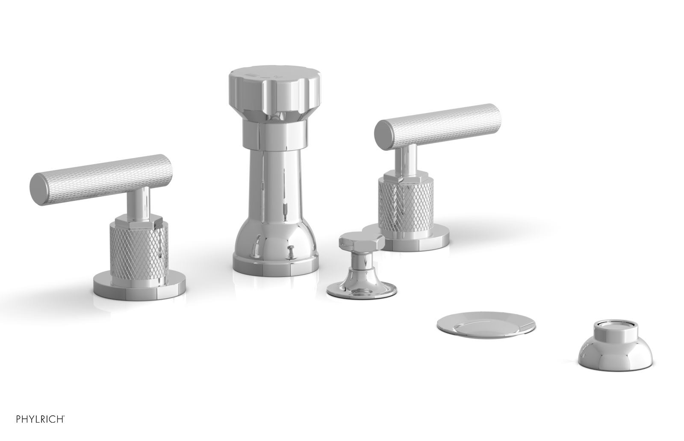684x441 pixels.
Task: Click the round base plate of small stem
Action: coord(361,289)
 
